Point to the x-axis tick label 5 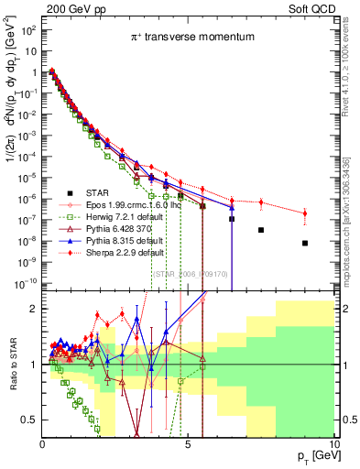(x=188, y=443)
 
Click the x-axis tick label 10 (x=331, y=443)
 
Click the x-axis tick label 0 (x=43, y=443)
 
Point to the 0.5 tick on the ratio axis (x=30, y=420)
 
